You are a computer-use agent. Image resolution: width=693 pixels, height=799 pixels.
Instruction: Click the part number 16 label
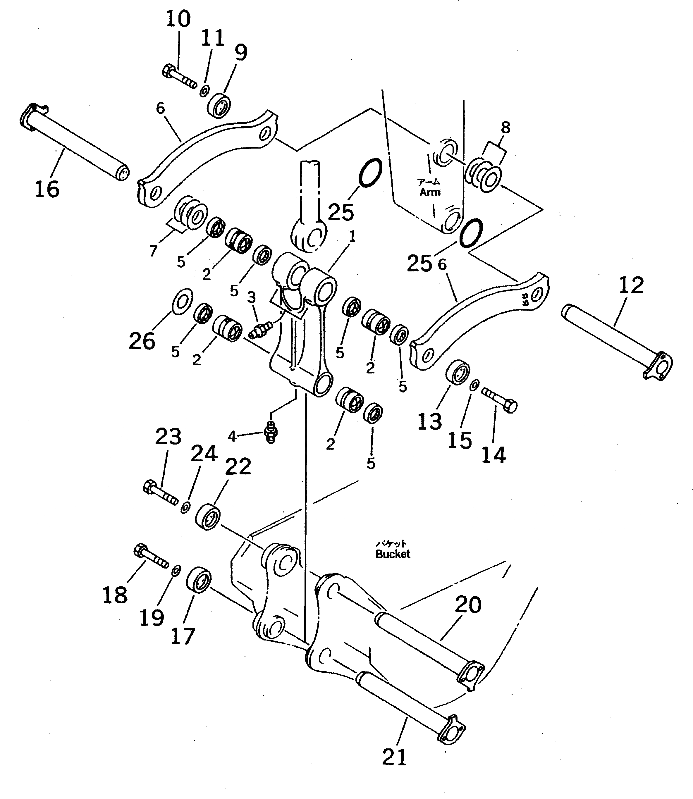(47, 190)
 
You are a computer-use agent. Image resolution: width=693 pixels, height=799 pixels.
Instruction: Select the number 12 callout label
(631, 285)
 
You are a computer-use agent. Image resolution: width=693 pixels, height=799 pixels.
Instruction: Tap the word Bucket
(393, 554)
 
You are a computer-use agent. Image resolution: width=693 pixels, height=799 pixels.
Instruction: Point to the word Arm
(430, 192)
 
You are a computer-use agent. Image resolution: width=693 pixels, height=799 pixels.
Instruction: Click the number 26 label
(142, 341)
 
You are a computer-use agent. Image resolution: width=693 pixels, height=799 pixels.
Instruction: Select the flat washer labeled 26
(182, 301)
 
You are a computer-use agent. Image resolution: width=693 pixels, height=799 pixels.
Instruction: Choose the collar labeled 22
(208, 516)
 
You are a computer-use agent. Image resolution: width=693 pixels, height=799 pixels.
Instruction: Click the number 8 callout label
(505, 128)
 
